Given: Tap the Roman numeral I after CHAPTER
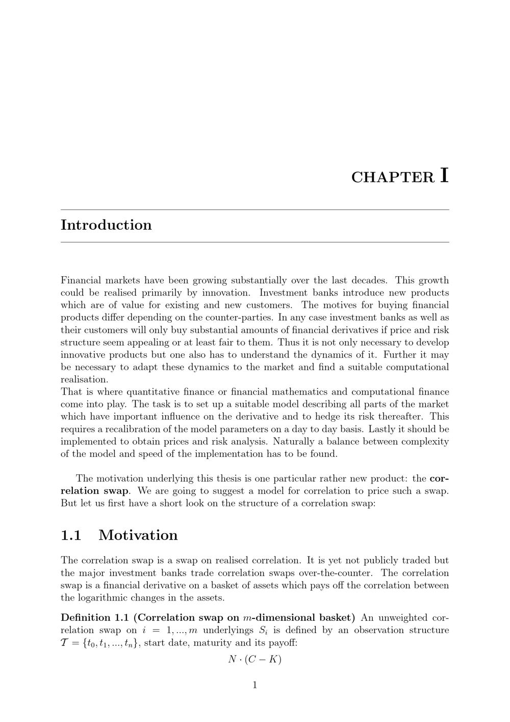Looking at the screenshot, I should pyautogui.click(x=444, y=175).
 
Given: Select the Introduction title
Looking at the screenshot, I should pyautogui.click(x=106, y=225).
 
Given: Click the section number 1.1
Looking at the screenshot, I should pyautogui.click(x=71, y=535).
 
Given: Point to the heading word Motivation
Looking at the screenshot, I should pyautogui.click(x=138, y=535).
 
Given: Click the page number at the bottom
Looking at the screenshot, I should pyautogui.click(x=255, y=685).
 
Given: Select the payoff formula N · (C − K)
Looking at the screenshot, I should pyautogui.click(x=255, y=659).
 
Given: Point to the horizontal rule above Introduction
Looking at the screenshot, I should pyautogui.click(x=255, y=209).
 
